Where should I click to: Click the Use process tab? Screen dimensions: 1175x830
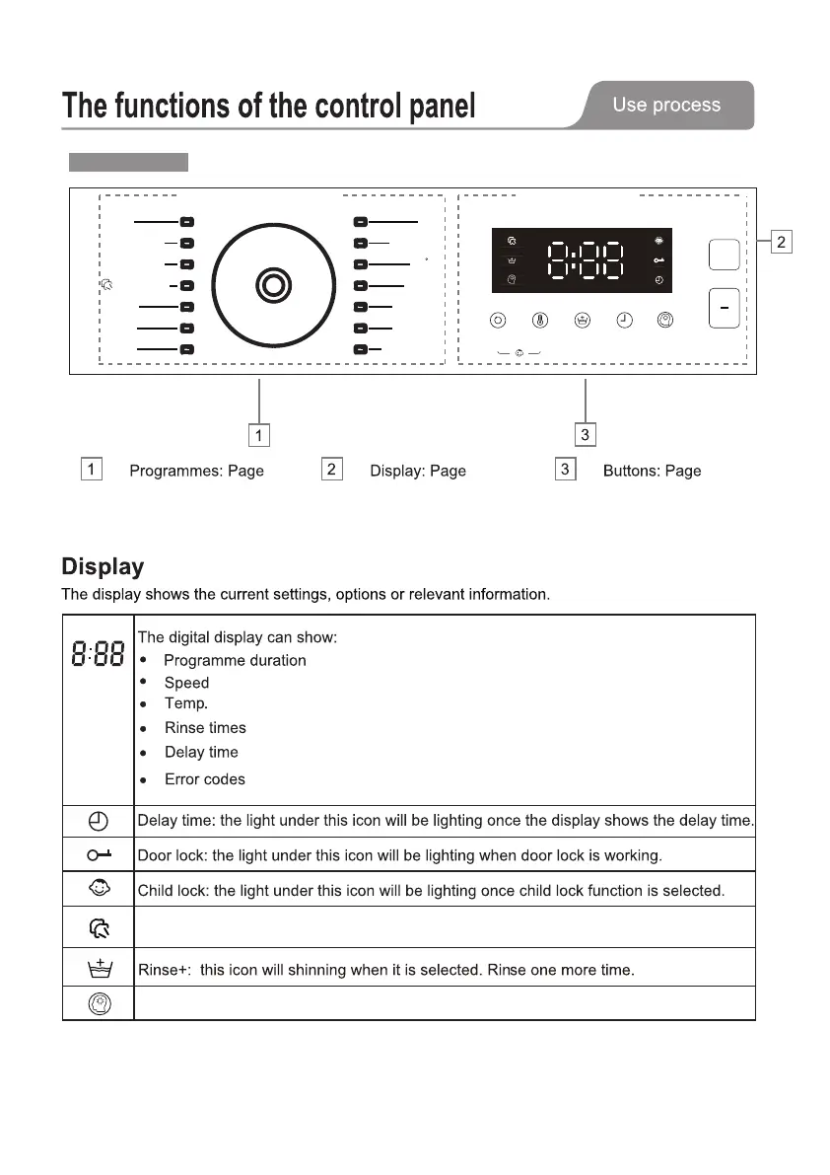[x=666, y=105]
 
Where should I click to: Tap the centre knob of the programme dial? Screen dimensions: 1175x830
[x=273, y=285]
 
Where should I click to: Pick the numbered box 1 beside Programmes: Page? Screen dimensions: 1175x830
[x=91, y=469]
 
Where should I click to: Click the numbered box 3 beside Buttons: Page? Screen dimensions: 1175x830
[x=566, y=469]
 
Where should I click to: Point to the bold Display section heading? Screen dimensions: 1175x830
[x=103, y=566]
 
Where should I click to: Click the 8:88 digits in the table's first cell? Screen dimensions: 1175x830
[x=98, y=652]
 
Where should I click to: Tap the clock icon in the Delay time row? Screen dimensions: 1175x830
[x=98, y=821]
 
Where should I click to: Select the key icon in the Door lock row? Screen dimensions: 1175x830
[x=98, y=854]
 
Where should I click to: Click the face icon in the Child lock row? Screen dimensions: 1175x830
[x=98, y=890]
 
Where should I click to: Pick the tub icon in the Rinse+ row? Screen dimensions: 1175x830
[x=98, y=968]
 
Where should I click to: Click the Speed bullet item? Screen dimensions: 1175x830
[x=186, y=683]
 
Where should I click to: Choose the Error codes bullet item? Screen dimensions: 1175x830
[x=204, y=779]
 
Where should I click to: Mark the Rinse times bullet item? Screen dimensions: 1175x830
[x=205, y=728]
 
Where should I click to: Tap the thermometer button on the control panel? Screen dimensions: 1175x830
[x=540, y=320]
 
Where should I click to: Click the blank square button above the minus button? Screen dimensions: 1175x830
[x=724, y=256]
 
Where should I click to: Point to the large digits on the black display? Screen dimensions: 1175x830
[x=586, y=260]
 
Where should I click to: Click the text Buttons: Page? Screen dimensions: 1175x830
[x=652, y=471]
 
